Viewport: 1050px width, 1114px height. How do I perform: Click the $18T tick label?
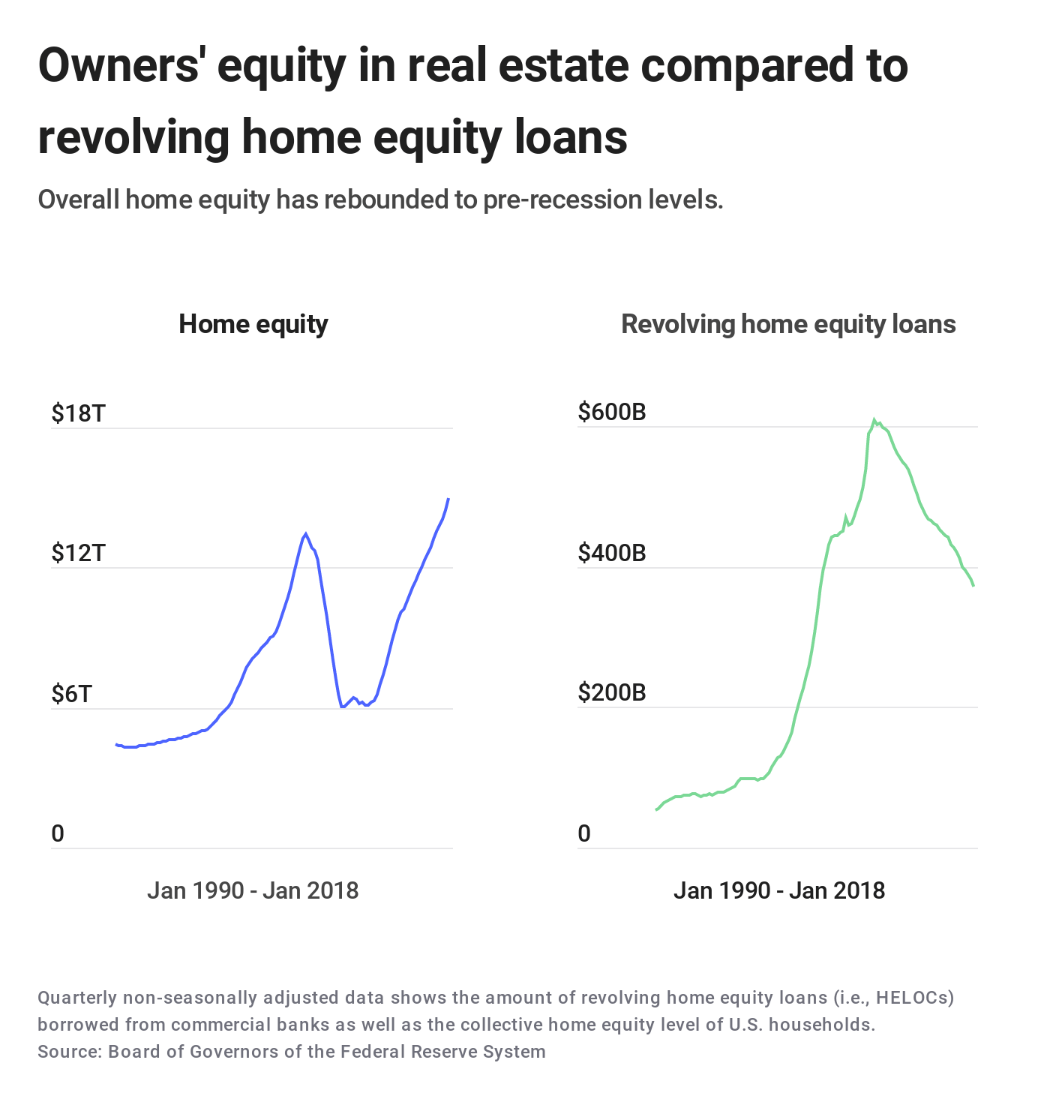click(x=79, y=413)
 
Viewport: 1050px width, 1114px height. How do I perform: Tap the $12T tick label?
click(x=79, y=553)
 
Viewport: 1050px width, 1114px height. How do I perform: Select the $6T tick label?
click(x=72, y=694)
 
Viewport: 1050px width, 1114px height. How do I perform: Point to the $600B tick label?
click(x=612, y=412)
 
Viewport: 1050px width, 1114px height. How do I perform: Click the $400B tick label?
click(x=612, y=553)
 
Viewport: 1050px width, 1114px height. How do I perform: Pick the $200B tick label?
click(x=612, y=692)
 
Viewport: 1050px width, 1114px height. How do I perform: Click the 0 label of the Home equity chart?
click(x=58, y=833)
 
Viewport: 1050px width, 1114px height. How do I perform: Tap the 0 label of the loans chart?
click(x=584, y=833)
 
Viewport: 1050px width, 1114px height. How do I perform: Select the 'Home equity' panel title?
click(x=253, y=324)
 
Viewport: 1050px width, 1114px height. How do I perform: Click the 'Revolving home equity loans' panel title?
click(x=788, y=324)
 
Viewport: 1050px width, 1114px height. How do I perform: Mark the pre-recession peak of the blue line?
click(x=305, y=533)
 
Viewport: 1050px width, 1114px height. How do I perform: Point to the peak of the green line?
click(x=874, y=419)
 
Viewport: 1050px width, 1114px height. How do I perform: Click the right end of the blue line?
click(x=448, y=499)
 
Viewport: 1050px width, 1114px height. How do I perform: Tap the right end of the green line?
click(x=973, y=585)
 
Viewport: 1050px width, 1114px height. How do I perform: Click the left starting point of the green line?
click(x=656, y=809)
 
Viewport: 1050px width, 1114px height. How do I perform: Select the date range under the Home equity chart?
click(x=253, y=890)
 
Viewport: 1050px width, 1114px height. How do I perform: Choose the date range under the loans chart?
click(x=779, y=890)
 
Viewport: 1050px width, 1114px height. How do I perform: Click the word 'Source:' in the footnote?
click(x=70, y=1051)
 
